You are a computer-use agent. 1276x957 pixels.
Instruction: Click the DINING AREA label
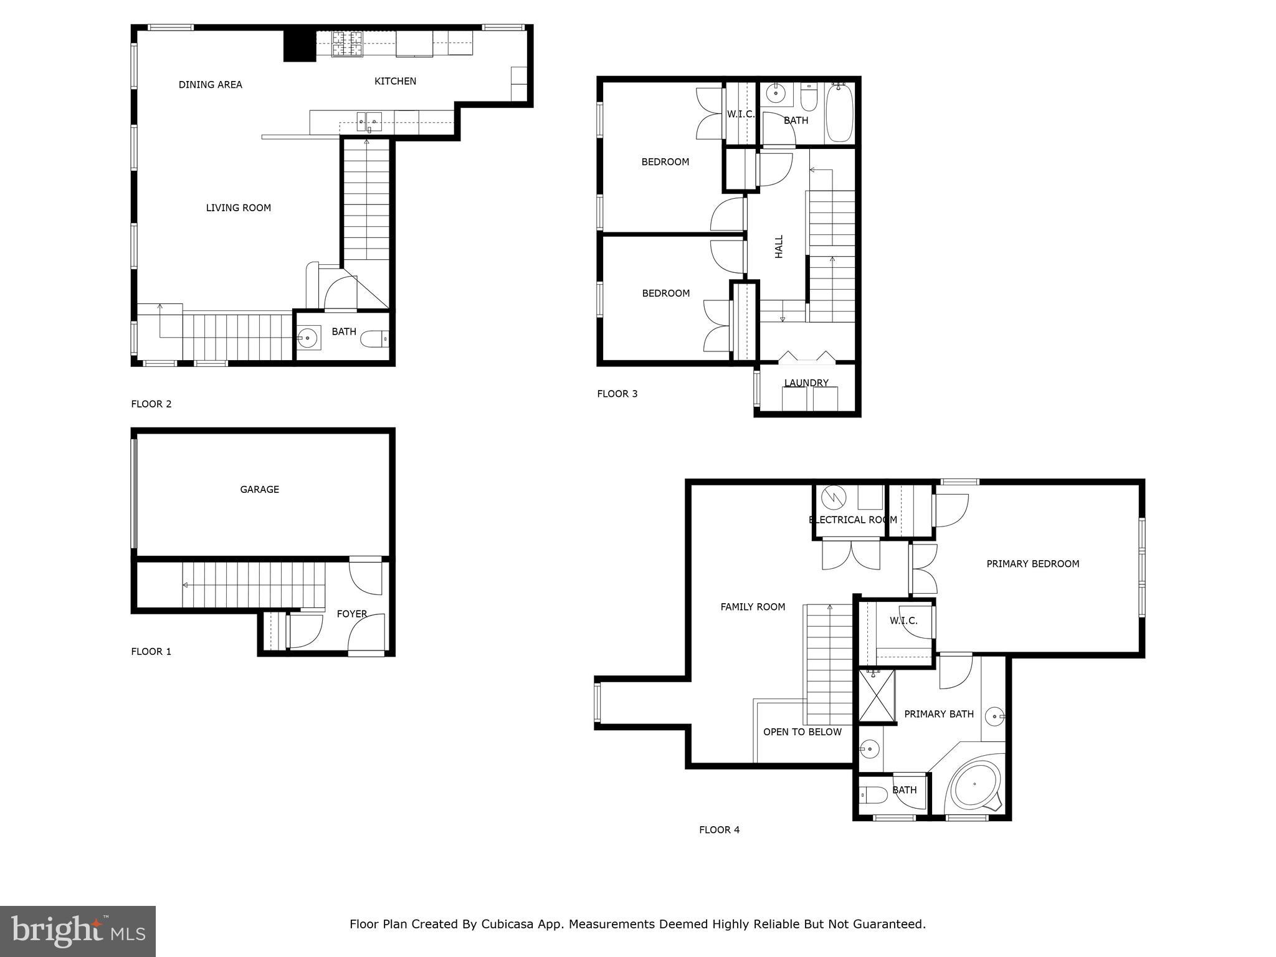[x=210, y=85]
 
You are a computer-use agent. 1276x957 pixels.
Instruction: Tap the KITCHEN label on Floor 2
[x=395, y=81]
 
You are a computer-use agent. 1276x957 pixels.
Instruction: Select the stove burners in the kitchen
[x=347, y=44]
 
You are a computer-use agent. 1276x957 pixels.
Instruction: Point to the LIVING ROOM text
[x=238, y=208]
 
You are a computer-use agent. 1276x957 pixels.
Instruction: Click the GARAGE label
[x=259, y=490]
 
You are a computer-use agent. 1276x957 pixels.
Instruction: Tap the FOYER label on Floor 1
[x=351, y=614]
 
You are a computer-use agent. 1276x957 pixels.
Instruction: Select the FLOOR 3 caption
[x=617, y=394]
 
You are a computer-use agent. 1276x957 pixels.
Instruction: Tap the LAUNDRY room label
[x=806, y=383]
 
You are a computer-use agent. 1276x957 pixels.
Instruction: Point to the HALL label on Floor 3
[x=779, y=247]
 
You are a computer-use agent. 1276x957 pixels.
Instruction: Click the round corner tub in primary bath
[x=974, y=784]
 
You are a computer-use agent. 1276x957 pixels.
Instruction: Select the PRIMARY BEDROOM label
[x=1032, y=564]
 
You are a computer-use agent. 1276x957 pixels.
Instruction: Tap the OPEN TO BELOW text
[x=802, y=732]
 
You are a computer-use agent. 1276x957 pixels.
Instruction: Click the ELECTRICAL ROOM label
[x=852, y=520]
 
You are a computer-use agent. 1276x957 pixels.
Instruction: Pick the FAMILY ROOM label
[x=753, y=607]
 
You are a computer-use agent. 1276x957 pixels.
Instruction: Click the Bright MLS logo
[x=78, y=931]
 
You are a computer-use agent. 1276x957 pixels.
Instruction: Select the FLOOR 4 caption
[x=719, y=830]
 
